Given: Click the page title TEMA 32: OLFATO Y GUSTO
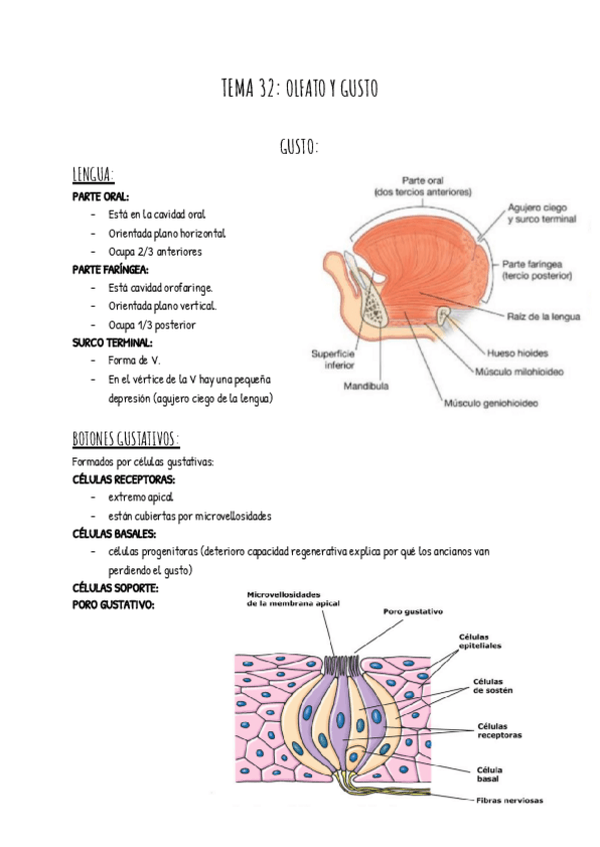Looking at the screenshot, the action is [x=299, y=90].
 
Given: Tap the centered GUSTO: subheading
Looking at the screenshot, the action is [x=299, y=148].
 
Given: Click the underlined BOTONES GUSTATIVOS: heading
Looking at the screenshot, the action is [x=126, y=439].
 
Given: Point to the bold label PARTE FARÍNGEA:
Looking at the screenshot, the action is [x=111, y=270].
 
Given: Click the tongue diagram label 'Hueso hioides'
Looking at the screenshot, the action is [x=517, y=353].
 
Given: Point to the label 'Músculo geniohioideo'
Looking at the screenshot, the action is [x=491, y=405].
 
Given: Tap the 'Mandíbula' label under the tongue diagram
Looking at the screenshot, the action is [x=366, y=386].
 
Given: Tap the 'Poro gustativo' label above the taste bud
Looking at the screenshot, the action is [x=413, y=611].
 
